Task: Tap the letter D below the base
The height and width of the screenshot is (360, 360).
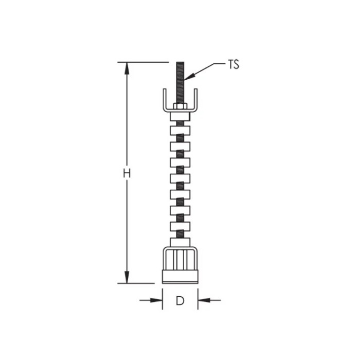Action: coord(180,301)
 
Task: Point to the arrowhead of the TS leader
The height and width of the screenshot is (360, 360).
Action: coord(187,78)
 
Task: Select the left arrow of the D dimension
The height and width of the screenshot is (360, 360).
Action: coord(157,300)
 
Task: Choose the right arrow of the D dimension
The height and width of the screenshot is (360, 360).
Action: coord(203,300)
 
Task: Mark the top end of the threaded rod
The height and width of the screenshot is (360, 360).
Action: coord(180,63)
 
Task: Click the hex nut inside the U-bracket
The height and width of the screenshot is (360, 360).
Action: coord(180,106)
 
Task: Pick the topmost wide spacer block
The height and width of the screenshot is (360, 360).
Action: coord(180,131)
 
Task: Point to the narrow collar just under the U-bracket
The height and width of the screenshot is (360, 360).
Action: coord(180,117)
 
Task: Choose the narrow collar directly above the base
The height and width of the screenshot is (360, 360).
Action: coord(180,242)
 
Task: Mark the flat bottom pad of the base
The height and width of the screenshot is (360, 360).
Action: coord(180,278)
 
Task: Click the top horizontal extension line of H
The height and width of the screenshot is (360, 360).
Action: coord(144,62)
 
